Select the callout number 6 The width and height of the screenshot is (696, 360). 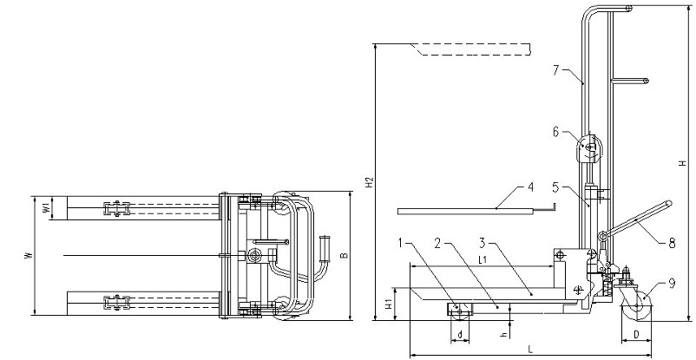click(x=557, y=132)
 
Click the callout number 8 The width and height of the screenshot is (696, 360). click(x=672, y=243)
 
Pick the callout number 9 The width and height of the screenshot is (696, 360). click(x=672, y=283)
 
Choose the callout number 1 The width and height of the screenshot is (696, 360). click(x=400, y=243)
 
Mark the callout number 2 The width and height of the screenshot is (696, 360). click(x=437, y=243)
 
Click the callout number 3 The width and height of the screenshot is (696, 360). click(x=483, y=243)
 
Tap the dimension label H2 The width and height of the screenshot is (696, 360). click(x=371, y=182)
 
